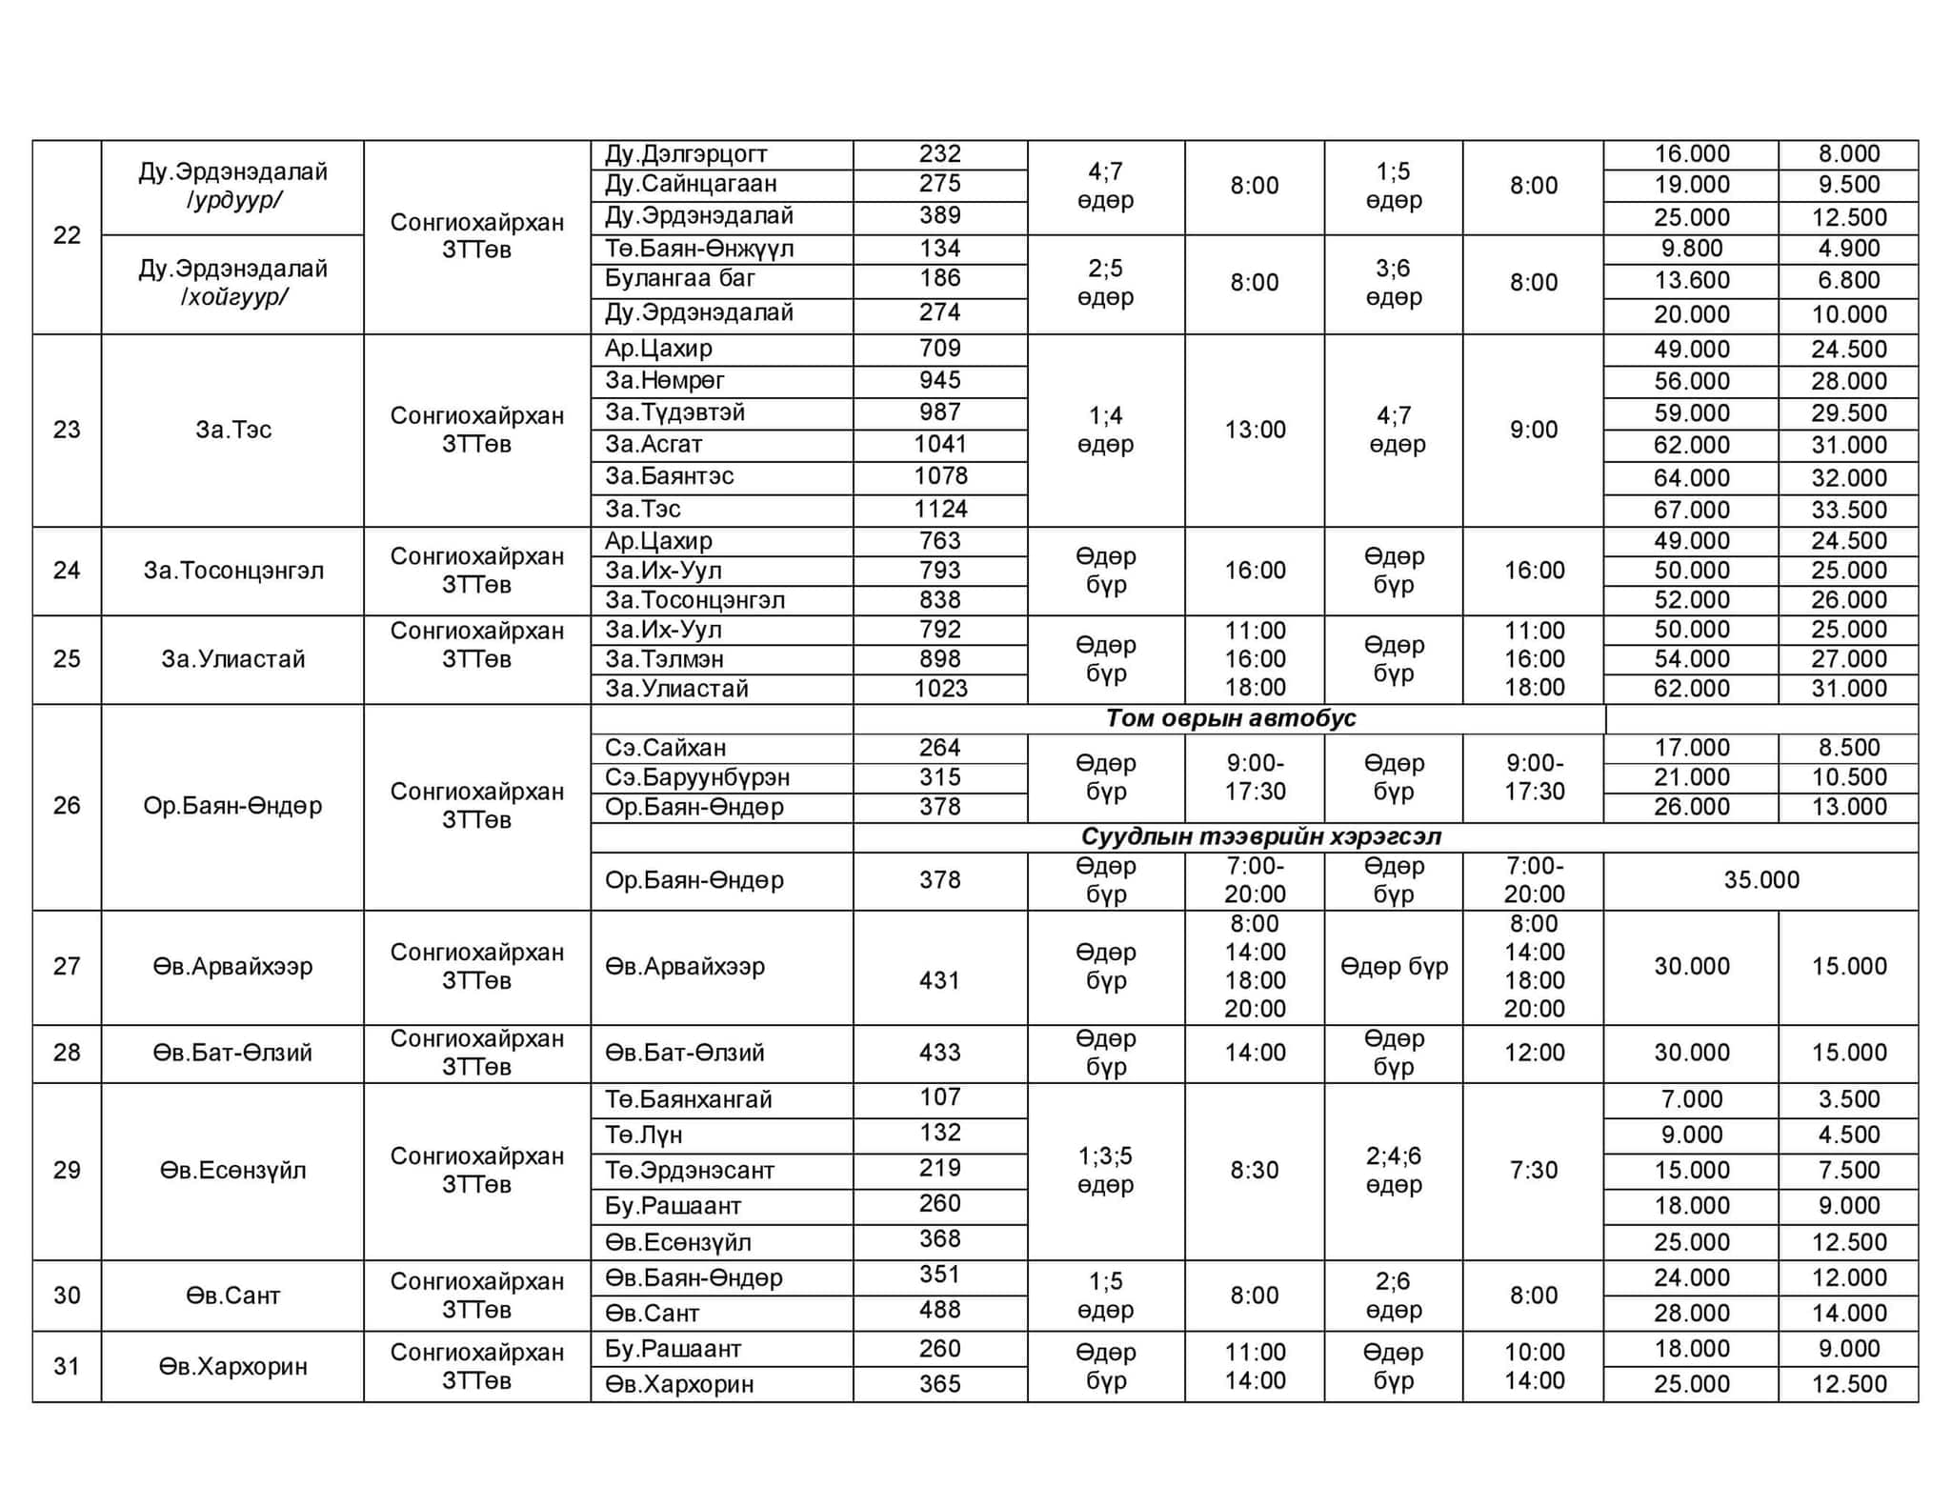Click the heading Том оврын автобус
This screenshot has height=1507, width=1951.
[x=1230, y=718]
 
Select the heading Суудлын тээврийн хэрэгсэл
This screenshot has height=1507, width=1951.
[x=1260, y=836]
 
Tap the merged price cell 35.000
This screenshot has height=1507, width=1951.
[x=1760, y=879]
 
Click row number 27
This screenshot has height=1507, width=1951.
[x=67, y=966]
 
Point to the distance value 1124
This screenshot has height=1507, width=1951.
[x=940, y=509]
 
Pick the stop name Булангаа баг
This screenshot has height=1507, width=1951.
[x=679, y=279]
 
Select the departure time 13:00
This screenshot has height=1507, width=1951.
[x=1255, y=430]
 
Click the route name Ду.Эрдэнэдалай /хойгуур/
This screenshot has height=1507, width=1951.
[x=232, y=282]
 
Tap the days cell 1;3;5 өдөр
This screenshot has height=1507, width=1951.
[x=1105, y=1170]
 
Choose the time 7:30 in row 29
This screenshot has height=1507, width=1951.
[x=1534, y=1170]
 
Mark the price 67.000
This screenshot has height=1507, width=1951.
[x=1691, y=510]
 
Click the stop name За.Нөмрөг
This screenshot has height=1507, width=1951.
[x=664, y=381]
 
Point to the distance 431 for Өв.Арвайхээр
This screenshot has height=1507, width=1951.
[x=939, y=979]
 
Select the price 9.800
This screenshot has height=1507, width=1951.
[x=1691, y=249]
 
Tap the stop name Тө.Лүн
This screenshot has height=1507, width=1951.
[x=643, y=1135]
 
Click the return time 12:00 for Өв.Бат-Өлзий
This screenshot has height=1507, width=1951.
[x=1534, y=1053]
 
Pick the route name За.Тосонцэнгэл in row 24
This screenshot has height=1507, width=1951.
[x=233, y=571]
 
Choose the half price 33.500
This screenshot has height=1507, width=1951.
[x=1848, y=510]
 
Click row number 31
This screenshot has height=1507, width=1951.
[x=67, y=1366]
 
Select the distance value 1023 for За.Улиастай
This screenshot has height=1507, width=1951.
[x=940, y=689]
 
